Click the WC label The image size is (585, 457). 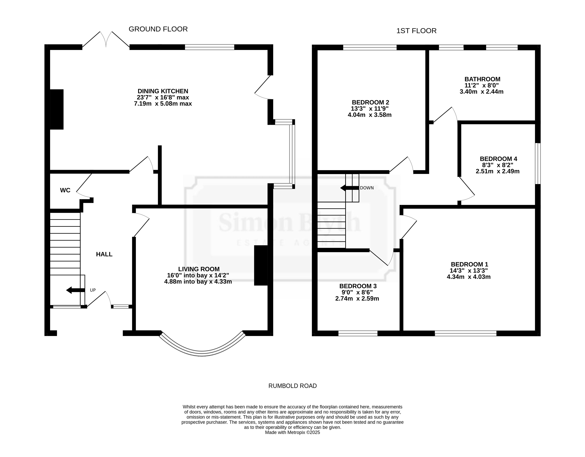pos(65,190)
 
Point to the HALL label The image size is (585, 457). pos(104,254)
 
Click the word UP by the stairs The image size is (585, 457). pos(93,290)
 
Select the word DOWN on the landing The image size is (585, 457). pos(367,188)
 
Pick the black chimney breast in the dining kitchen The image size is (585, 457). pos(57,109)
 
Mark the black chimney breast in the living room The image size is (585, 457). pos(261,265)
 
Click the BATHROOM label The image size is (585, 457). pos(482,79)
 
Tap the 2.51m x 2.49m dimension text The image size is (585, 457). pos(498,171)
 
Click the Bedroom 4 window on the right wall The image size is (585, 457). pos(538,163)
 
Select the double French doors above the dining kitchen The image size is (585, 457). pos(106,40)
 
